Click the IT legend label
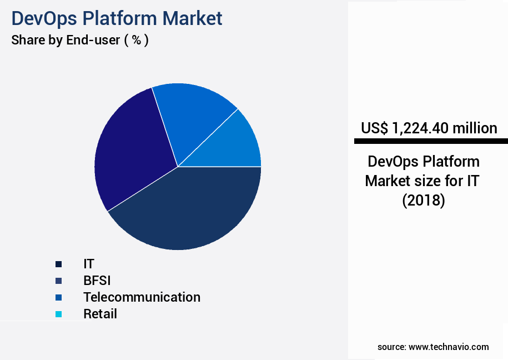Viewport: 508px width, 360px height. [89, 264]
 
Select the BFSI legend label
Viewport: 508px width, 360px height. [97, 281]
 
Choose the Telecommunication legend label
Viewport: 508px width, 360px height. [142, 297]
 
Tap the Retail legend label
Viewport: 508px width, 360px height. [100, 314]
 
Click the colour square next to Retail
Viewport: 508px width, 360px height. [58, 314]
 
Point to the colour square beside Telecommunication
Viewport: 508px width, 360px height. [58, 298]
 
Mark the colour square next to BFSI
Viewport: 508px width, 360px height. [58, 281]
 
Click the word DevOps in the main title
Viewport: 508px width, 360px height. [45, 18]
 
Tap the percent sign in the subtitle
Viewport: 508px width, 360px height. [136, 41]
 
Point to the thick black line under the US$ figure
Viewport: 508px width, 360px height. [431, 142]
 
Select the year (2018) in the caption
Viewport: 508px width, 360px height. [424, 200]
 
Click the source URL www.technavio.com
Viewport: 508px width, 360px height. [449, 347]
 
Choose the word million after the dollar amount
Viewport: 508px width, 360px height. [475, 128]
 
